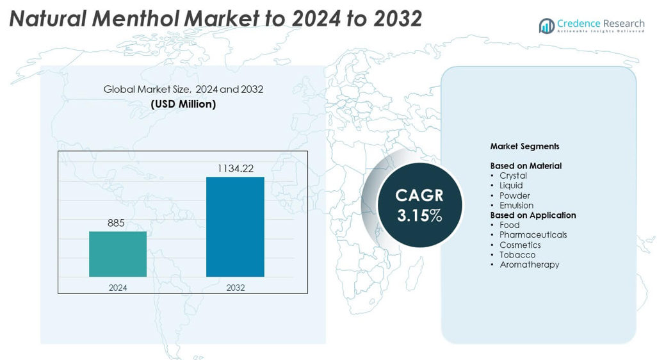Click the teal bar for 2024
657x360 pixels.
pyautogui.click(x=118, y=254)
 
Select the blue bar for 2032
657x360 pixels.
pyautogui.click(x=235, y=227)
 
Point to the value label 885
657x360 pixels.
pyautogui.click(x=116, y=223)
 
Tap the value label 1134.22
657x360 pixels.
pyautogui.click(x=235, y=168)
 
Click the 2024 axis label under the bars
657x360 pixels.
pyautogui.click(x=118, y=288)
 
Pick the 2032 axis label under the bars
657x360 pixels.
pyautogui.click(x=235, y=288)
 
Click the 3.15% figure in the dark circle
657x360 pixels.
pyautogui.click(x=419, y=216)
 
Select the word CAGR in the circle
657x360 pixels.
pyautogui.click(x=419, y=195)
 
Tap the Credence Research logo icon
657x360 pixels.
pyautogui.click(x=546, y=26)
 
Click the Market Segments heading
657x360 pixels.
pyautogui.click(x=524, y=146)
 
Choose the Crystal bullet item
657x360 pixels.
pyautogui.click(x=513, y=176)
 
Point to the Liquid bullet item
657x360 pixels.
pyautogui.click(x=511, y=185)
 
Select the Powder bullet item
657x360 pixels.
pyautogui.click(x=514, y=195)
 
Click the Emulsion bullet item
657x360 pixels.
pyautogui.click(x=516, y=205)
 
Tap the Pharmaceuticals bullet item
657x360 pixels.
pyautogui.click(x=533, y=234)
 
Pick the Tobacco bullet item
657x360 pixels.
pyautogui.click(x=517, y=254)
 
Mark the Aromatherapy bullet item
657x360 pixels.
pyautogui.click(x=529, y=265)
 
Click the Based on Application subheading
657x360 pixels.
pyautogui.click(x=533, y=215)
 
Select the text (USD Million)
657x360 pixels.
pyautogui.click(x=183, y=104)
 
